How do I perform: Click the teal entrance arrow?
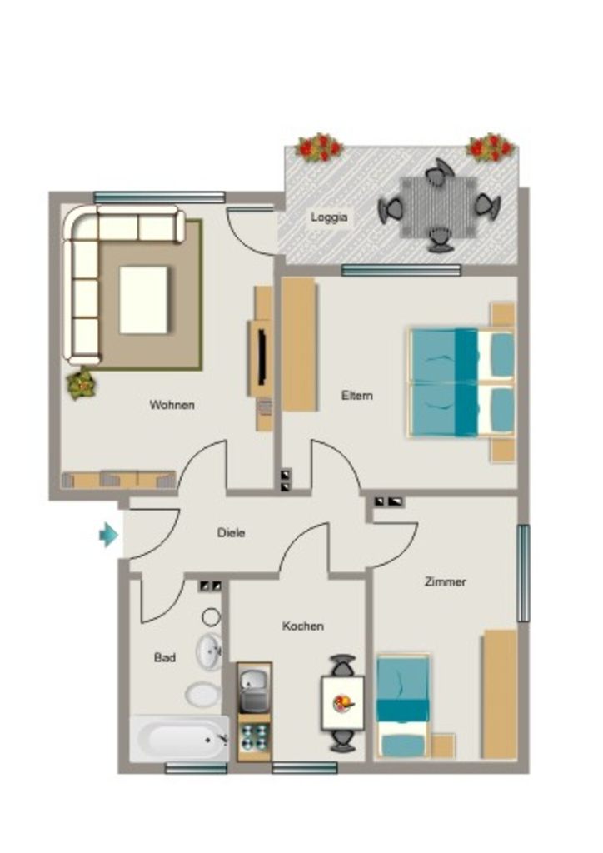point(109,535)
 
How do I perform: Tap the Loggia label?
point(329,217)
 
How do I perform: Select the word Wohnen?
point(172,405)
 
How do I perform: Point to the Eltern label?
point(357,396)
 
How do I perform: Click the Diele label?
point(231,532)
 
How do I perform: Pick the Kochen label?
point(303,626)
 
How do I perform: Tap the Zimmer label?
point(446,581)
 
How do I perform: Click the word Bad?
point(165,658)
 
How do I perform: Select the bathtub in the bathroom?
point(179,738)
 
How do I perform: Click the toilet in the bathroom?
point(203,695)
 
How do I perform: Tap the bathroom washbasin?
point(209,651)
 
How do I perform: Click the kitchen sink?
point(254,689)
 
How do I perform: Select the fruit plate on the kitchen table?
point(342,703)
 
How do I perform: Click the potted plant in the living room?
point(82,383)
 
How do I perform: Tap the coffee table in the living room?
point(143,300)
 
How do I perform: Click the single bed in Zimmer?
point(403,706)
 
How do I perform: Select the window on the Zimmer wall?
point(522,573)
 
